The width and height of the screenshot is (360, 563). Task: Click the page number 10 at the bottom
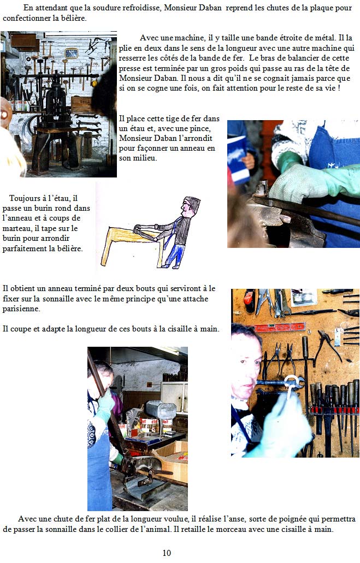(x=167, y=553)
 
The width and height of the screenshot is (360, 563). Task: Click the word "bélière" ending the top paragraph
(x=73, y=18)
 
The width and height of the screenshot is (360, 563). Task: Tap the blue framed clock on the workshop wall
(x=72, y=53)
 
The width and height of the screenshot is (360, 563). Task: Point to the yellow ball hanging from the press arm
(x=95, y=84)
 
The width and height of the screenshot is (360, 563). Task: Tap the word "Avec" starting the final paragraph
(x=27, y=519)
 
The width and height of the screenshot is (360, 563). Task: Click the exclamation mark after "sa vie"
(x=339, y=88)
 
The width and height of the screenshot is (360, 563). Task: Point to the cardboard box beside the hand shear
(x=171, y=461)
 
